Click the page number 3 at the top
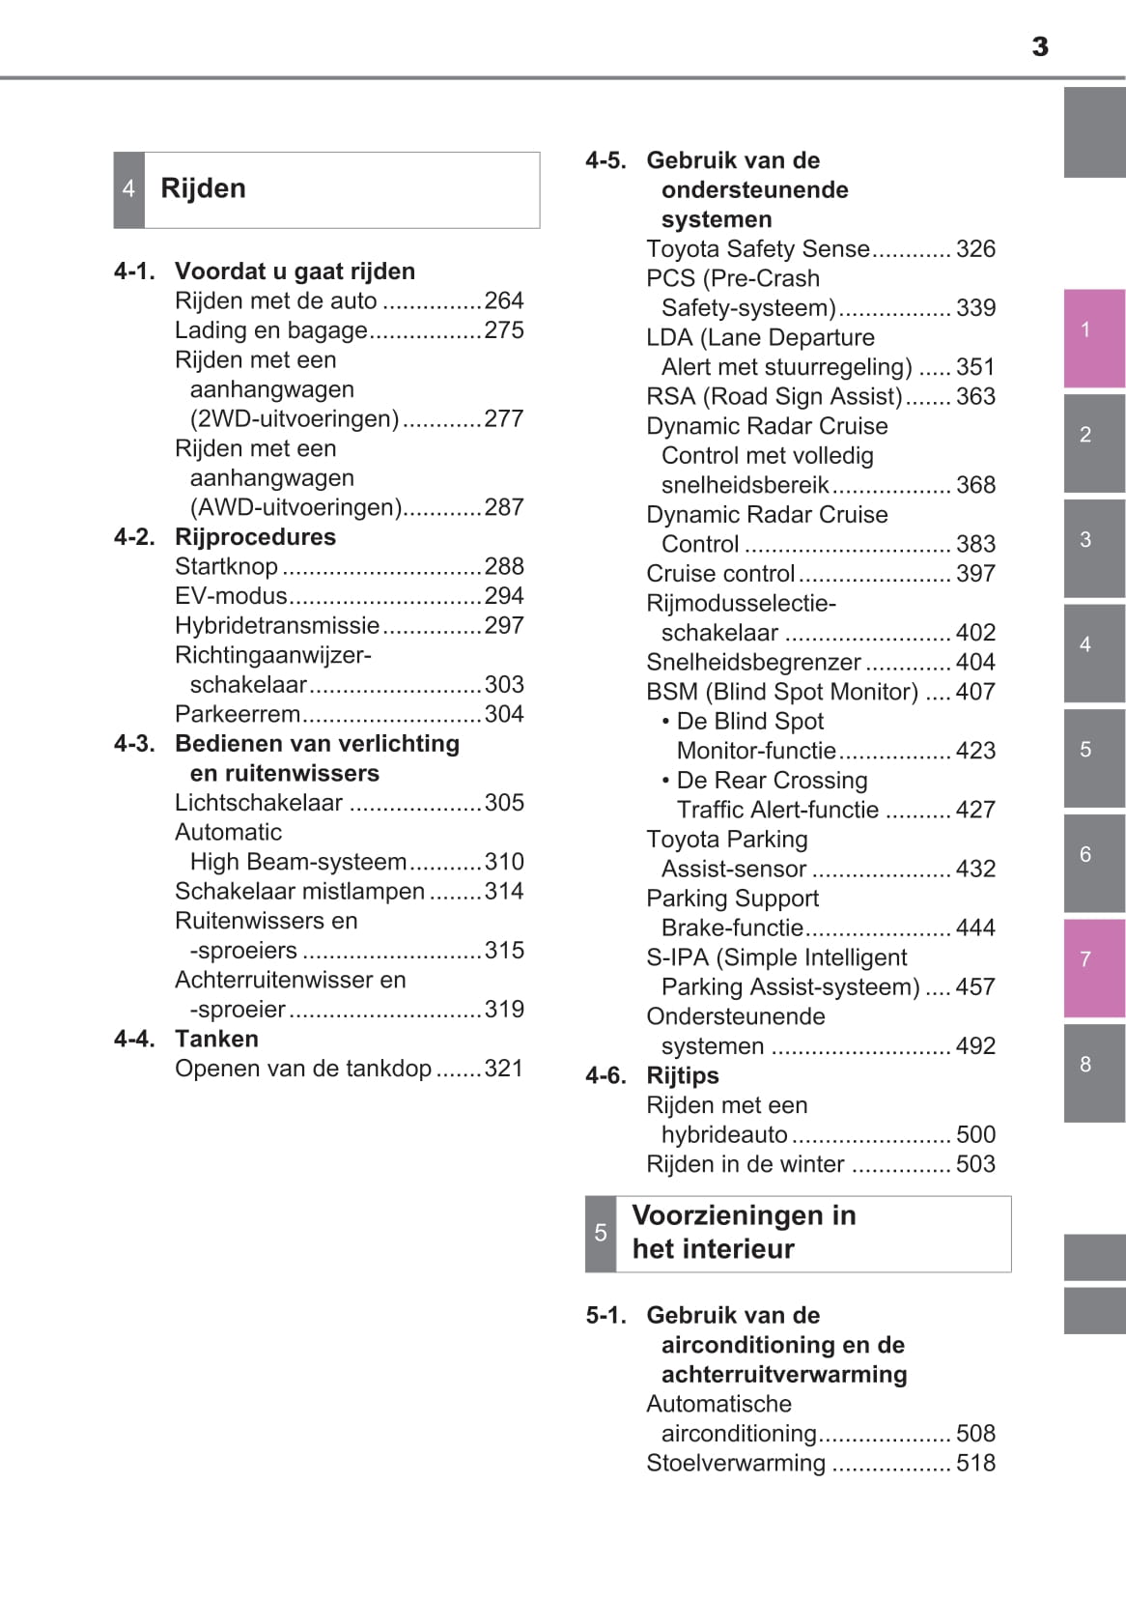click(1039, 46)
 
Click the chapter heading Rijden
click(203, 188)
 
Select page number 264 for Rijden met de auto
click(503, 301)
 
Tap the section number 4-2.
click(134, 537)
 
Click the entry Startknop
click(226, 567)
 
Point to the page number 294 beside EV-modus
click(503, 596)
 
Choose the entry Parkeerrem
click(238, 715)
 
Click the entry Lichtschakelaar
click(259, 804)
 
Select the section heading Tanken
click(216, 1040)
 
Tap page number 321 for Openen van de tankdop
click(503, 1070)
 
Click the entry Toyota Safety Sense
click(758, 249)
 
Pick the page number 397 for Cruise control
click(975, 574)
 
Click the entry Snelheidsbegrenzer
click(753, 663)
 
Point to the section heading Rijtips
click(682, 1076)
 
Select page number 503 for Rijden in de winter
click(975, 1165)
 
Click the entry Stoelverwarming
click(736, 1464)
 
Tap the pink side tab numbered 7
click(1093, 967)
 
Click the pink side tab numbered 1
click(1093, 337)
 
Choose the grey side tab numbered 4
click(1093, 652)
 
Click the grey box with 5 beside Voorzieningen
click(601, 1234)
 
